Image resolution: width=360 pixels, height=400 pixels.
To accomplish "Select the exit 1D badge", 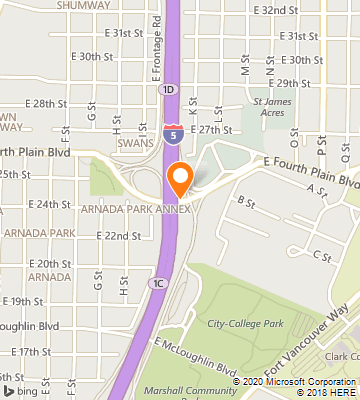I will click(x=166, y=89).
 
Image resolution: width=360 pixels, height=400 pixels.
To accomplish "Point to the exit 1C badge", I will click(x=158, y=284).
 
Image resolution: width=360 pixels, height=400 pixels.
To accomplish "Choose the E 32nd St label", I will click(x=277, y=9).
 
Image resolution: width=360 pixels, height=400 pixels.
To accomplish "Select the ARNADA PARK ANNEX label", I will click(x=137, y=209).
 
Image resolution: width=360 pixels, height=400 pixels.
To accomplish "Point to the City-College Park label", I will click(x=246, y=323).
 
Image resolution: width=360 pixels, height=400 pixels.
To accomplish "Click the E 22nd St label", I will click(x=118, y=236).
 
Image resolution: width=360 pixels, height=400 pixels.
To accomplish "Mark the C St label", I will click(x=321, y=257).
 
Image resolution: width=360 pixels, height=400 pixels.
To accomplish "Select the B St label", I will click(x=243, y=202).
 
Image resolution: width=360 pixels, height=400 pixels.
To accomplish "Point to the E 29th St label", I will click(x=303, y=83).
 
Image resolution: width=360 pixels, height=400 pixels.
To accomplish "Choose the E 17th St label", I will click(x=32, y=351).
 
